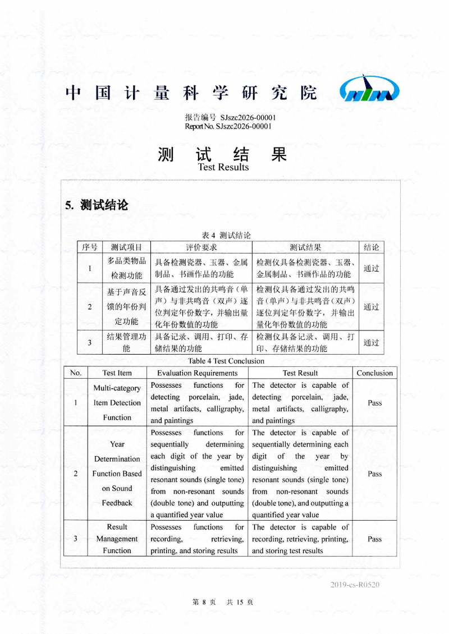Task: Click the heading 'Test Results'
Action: click(223, 167)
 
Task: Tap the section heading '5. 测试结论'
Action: click(97, 205)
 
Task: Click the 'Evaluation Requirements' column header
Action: click(197, 373)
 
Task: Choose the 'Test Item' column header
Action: click(117, 373)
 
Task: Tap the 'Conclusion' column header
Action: click(374, 373)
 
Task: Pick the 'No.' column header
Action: click(76, 373)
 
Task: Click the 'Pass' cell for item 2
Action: click(374, 474)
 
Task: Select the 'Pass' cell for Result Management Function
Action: click(374, 539)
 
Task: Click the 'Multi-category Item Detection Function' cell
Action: click(117, 403)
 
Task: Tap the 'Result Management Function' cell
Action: click(117, 539)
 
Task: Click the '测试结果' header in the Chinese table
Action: click(305, 247)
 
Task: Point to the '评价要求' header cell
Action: click(201, 247)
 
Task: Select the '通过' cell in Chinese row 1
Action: click(371, 268)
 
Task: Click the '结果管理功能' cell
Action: click(126, 342)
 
